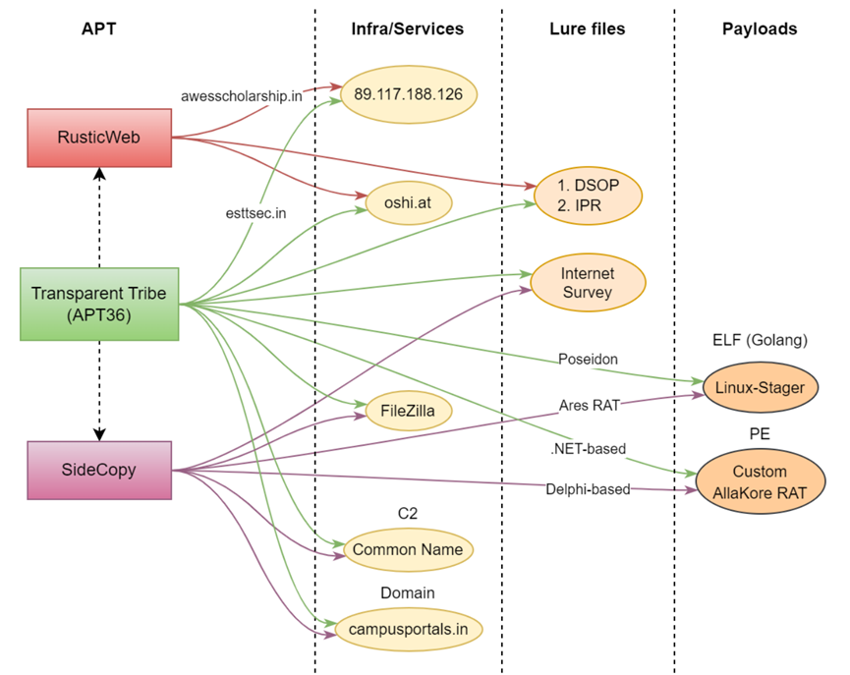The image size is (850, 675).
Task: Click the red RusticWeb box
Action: click(99, 137)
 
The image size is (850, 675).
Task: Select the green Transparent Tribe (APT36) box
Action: click(99, 304)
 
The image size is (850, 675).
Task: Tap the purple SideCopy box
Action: click(99, 470)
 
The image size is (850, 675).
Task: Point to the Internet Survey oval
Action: click(588, 282)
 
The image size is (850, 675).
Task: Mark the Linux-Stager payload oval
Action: click(760, 387)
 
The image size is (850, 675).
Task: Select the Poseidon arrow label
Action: click(589, 360)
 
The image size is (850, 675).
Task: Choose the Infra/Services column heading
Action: click(407, 28)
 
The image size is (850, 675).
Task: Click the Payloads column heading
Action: click(759, 28)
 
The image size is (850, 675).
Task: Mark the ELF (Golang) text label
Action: click(759, 341)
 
